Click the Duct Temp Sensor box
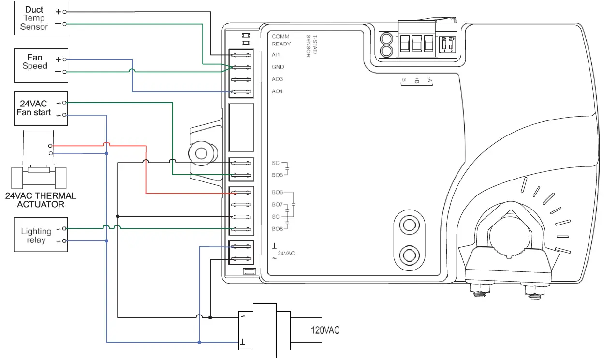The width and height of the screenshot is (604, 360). coord(41,18)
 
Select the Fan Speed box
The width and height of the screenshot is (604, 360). coord(41,65)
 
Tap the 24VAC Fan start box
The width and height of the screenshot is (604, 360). coord(41,108)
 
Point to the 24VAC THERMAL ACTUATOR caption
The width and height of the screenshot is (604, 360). coord(41,200)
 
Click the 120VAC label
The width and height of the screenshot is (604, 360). coord(325,330)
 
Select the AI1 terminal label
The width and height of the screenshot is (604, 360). coord(276,55)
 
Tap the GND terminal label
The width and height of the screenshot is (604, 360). coord(278,67)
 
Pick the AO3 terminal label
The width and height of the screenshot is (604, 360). coord(277,79)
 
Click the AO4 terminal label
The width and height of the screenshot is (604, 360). coord(277,91)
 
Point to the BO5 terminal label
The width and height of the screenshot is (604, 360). coord(277,175)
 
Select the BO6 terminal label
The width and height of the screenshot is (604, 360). coord(277,193)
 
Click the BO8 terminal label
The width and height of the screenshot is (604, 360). coord(277,229)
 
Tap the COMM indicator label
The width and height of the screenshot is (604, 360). coord(280,37)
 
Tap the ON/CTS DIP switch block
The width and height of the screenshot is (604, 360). coord(447,45)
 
